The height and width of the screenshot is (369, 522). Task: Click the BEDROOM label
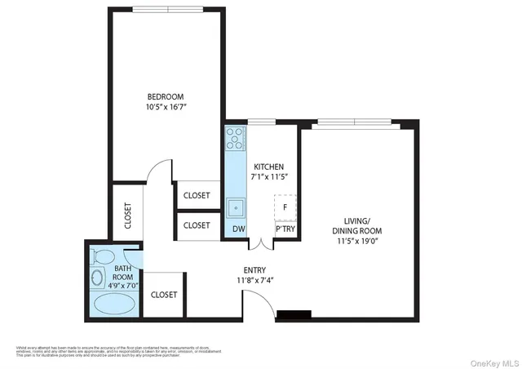coord(166,94)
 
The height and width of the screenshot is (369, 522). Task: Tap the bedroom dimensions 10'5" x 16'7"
coord(166,105)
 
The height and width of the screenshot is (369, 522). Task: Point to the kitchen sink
coord(236,207)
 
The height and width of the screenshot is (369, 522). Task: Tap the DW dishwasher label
coord(238,229)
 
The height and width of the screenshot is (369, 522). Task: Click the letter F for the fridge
coord(285,207)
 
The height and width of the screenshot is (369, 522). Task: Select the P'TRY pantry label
coord(285,229)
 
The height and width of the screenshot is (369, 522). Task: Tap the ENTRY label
coord(254,270)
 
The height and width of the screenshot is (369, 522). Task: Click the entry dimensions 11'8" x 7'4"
coord(254,281)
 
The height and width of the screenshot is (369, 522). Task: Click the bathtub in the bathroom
coord(114,305)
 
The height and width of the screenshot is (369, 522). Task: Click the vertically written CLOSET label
coord(128,216)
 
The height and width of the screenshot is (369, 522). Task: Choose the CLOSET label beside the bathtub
coord(165,295)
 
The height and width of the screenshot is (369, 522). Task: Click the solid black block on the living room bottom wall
coord(294,314)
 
